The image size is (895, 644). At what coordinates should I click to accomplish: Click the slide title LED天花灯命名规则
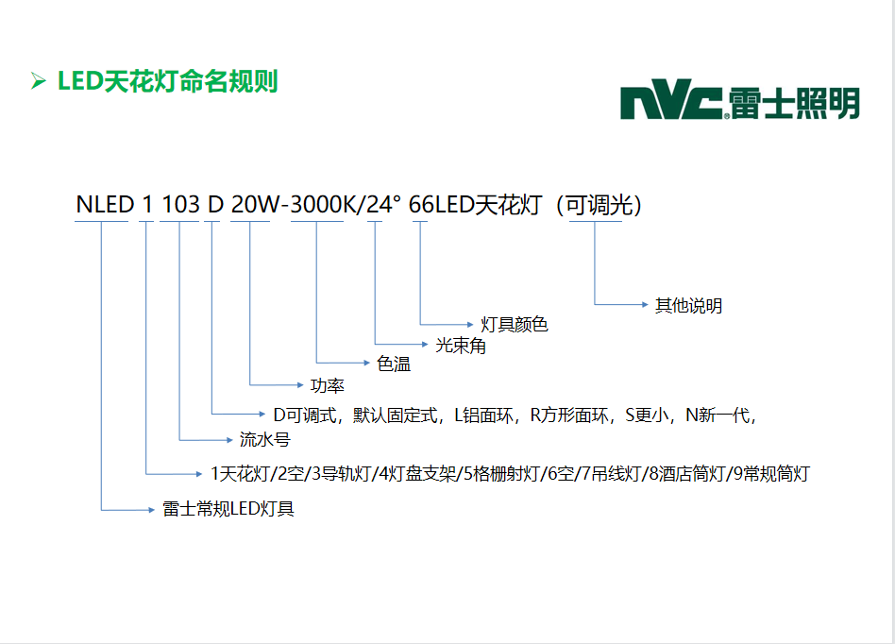(167, 81)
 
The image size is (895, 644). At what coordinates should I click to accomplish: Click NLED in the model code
(104, 205)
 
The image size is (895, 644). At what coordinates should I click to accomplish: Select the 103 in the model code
(179, 205)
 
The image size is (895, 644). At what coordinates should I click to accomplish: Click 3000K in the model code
(316, 205)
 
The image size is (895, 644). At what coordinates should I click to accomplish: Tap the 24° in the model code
(383, 205)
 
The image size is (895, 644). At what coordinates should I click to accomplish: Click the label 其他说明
(688, 305)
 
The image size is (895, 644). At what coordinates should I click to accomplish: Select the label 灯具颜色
(515, 325)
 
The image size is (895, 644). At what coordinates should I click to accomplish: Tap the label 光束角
(461, 346)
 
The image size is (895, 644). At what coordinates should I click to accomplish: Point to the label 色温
(394, 364)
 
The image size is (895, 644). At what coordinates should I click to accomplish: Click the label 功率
(327, 385)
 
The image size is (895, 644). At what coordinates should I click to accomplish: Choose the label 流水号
(263, 440)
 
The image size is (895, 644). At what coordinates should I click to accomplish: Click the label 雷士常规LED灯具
(228, 509)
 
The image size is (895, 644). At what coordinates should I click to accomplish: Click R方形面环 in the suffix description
(569, 415)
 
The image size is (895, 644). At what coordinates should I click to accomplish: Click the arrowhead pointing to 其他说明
(646, 304)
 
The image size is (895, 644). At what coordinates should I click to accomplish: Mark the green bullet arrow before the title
(39, 81)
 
